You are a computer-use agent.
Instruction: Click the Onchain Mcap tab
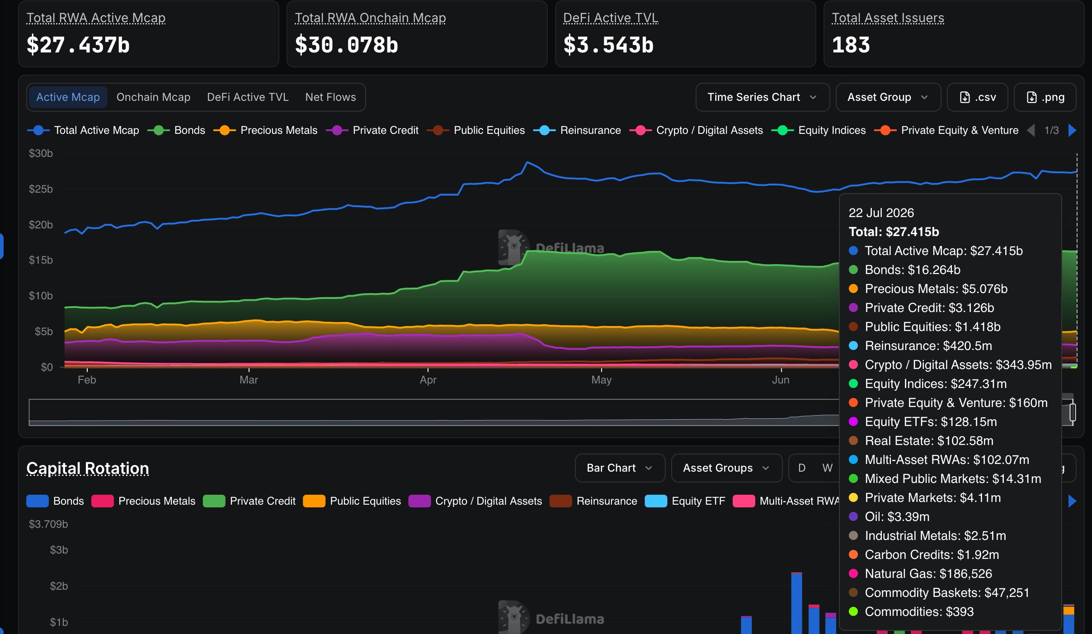(153, 97)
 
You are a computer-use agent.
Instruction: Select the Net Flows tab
(330, 97)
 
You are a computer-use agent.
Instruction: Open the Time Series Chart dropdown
(763, 97)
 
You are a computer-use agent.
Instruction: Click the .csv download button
(977, 97)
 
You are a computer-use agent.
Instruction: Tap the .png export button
(1045, 97)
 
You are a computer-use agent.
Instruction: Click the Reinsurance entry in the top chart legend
(577, 130)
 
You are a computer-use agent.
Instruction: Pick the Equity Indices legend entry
(819, 130)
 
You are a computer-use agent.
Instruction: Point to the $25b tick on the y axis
(41, 189)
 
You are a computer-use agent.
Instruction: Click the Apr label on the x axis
(428, 380)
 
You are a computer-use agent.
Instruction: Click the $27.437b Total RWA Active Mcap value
(78, 45)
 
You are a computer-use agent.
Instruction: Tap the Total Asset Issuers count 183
(851, 45)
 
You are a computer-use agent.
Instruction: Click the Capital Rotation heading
(88, 468)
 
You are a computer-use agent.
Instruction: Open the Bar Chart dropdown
(620, 468)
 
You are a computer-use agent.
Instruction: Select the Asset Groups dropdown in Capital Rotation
(726, 468)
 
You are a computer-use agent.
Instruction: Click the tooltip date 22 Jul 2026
(881, 213)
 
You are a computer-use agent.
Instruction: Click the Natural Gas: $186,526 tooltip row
(920, 573)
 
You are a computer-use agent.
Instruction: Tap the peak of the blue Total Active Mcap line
(527, 162)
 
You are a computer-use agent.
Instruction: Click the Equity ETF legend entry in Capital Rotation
(685, 501)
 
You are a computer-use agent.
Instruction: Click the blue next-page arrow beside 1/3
(1072, 130)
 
